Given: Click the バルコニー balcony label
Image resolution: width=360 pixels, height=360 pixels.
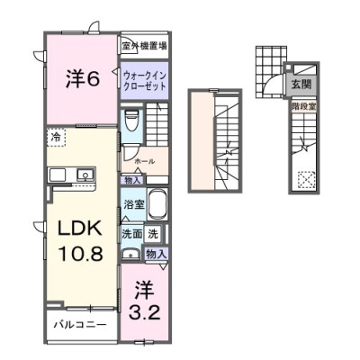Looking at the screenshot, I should coord(79,323).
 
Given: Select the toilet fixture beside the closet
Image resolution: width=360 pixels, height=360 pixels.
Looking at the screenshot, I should coord(132,119).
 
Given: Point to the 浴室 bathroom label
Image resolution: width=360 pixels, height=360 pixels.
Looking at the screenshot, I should coord(132,203).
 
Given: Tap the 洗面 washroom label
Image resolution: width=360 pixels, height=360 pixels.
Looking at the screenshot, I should coord(132,234).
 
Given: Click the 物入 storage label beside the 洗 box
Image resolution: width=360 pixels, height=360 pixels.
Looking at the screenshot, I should coord(155,255).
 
